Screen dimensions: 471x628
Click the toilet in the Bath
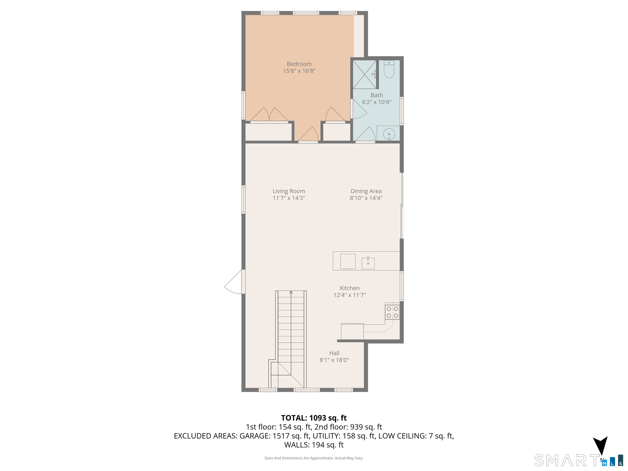(389, 70)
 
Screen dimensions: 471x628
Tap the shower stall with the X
(364, 74)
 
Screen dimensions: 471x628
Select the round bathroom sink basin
(389, 134)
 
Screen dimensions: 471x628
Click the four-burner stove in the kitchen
(392, 312)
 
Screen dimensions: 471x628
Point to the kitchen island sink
(368, 263)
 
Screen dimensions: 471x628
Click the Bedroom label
(299, 64)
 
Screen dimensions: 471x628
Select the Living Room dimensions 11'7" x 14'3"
(289, 198)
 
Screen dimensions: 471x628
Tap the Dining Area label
(366, 191)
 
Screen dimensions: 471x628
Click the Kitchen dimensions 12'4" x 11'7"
(350, 295)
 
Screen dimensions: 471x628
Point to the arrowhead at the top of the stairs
(291, 292)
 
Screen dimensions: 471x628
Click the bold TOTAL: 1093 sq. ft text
(314, 418)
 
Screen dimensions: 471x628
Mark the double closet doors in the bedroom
(269, 115)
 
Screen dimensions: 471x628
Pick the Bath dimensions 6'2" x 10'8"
(377, 102)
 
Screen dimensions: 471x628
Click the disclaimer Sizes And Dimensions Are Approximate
(314, 458)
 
